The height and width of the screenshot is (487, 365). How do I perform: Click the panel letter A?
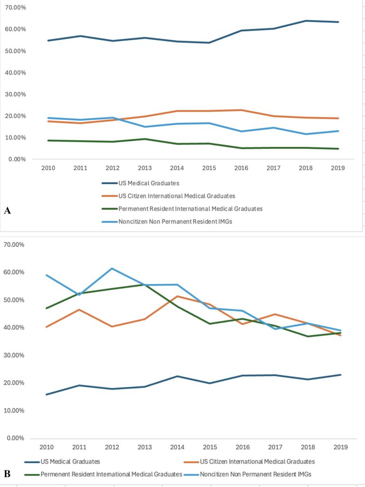(8, 211)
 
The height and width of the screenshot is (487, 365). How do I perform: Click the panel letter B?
(7, 474)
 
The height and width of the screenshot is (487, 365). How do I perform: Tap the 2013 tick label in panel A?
(144, 168)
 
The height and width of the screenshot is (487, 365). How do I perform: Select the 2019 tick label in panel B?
(341, 447)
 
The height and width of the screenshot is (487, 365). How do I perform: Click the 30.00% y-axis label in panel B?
(14, 355)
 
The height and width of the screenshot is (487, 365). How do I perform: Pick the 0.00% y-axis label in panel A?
(17, 159)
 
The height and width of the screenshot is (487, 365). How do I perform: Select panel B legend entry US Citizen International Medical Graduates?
(249, 461)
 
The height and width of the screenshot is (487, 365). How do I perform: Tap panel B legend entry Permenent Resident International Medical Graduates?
(103, 474)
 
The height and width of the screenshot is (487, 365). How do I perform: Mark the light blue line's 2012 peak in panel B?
(112, 268)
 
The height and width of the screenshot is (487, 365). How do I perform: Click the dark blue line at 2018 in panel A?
(306, 21)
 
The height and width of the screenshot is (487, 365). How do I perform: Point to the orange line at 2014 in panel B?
(177, 296)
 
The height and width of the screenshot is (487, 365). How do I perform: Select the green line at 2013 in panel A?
(144, 139)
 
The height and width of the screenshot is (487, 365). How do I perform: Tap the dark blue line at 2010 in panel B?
(47, 394)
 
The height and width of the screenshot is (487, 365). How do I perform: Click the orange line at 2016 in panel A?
(241, 110)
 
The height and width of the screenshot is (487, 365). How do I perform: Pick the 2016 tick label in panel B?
(243, 447)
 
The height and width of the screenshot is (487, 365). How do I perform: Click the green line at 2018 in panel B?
(307, 336)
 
